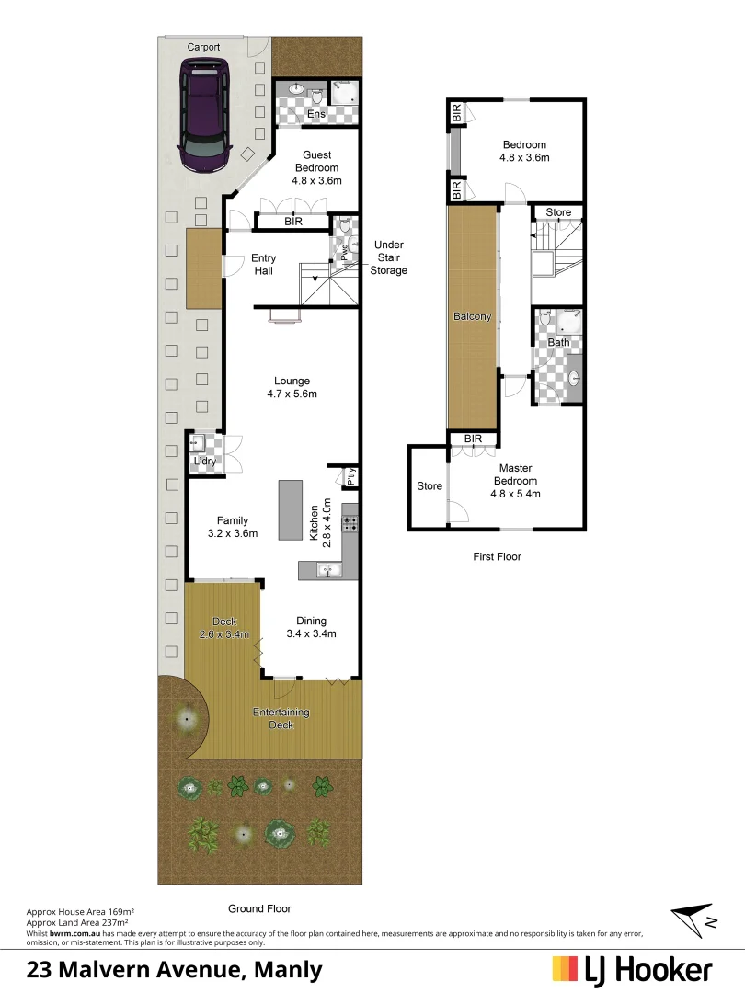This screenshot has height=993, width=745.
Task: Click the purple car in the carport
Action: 206,115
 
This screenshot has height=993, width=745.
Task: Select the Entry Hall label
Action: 264,265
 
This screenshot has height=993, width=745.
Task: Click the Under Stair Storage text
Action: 388,257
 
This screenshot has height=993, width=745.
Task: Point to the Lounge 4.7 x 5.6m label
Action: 292,387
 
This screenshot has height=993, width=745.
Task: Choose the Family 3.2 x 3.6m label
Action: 232,527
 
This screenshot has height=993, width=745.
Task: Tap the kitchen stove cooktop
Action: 350,524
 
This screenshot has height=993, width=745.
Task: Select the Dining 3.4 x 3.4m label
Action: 310,626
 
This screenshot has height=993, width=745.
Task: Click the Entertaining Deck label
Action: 281,718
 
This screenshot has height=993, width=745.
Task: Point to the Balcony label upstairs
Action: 473,317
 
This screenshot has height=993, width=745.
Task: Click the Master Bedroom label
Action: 515,481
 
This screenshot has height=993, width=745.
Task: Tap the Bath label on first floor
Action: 558,342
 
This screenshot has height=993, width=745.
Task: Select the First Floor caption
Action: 497,556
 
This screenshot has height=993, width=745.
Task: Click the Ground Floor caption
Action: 259,908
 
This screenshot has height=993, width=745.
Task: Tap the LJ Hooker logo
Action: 632,969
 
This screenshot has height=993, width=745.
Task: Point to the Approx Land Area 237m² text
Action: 77,921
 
